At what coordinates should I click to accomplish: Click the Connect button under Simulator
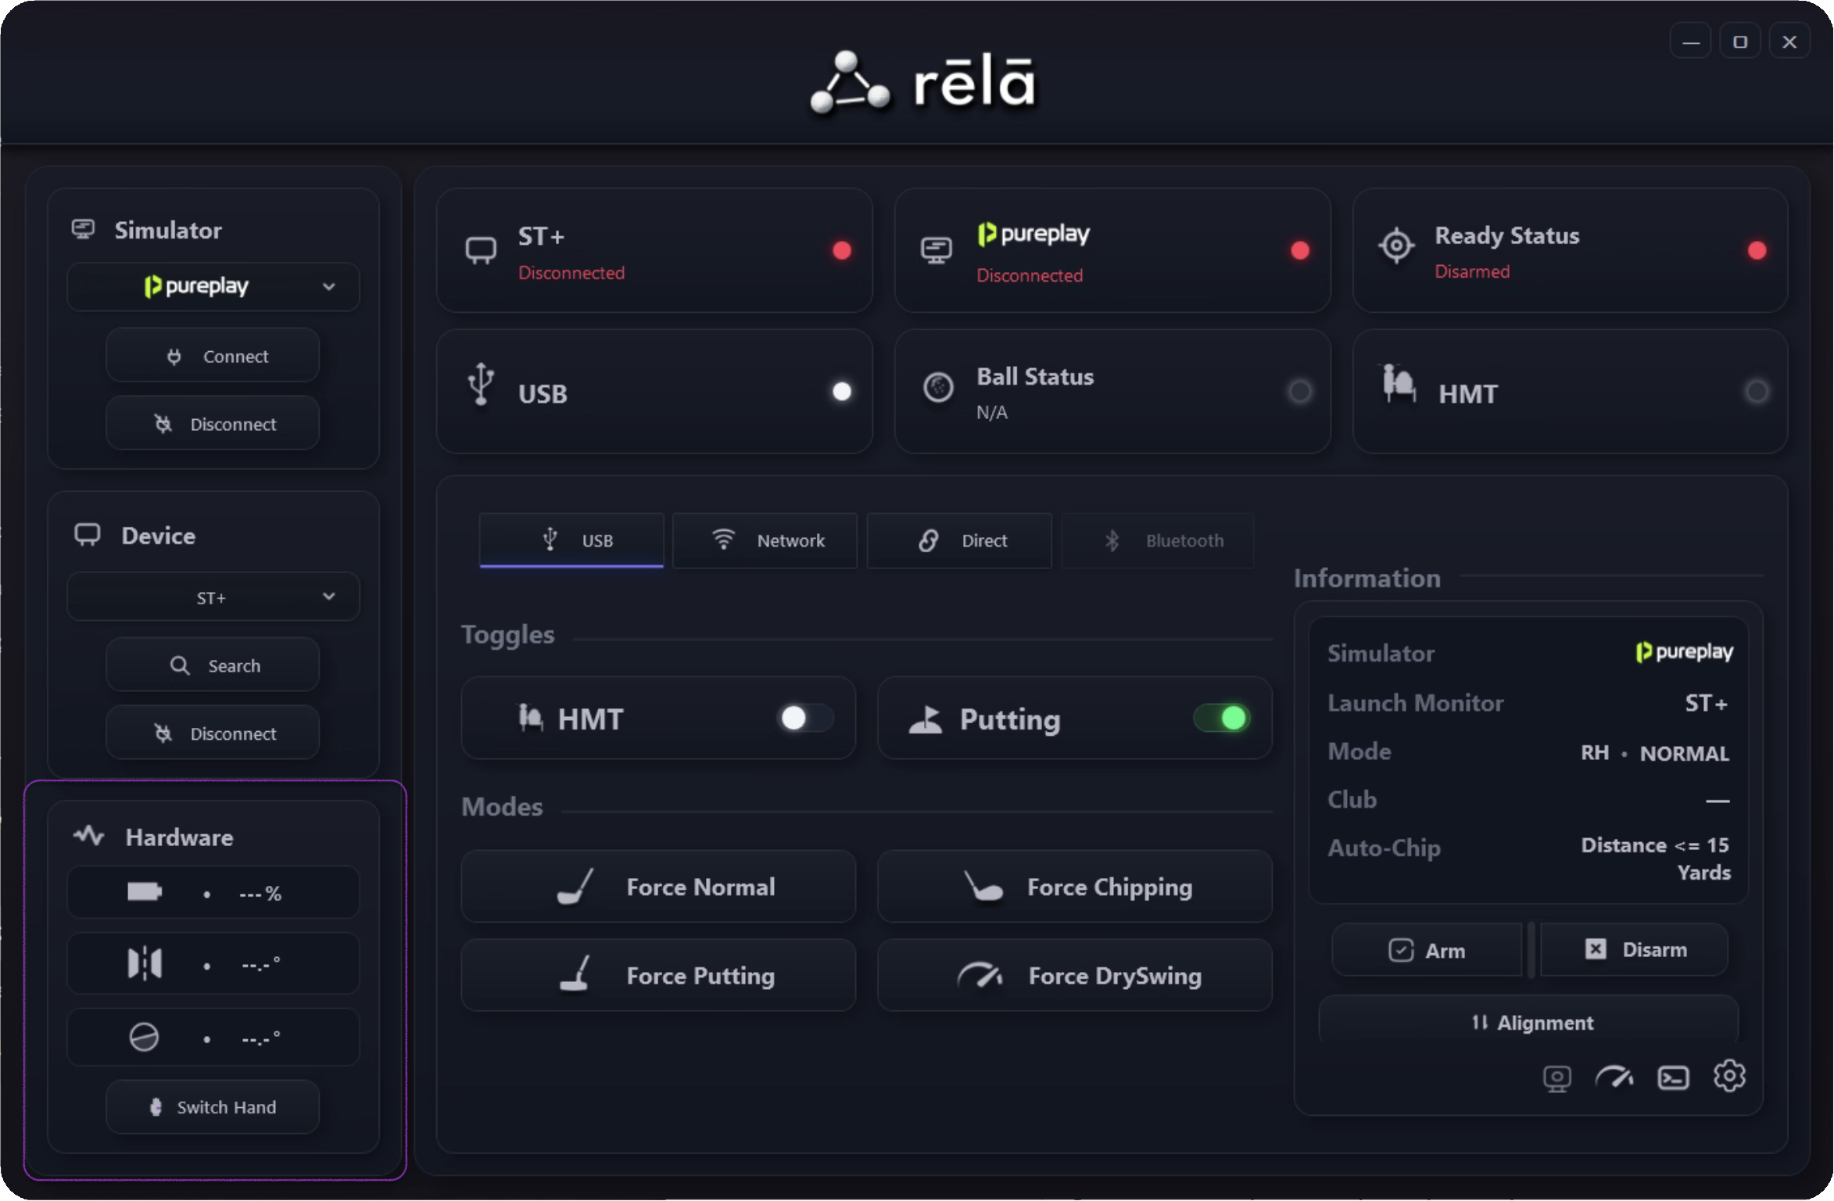click(x=213, y=356)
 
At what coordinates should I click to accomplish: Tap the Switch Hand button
click(x=213, y=1106)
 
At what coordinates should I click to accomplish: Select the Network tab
click(x=765, y=540)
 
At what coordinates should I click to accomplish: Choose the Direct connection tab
click(x=959, y=540)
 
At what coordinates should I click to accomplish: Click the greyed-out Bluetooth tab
click(x=1158, y=540)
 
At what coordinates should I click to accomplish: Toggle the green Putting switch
click(x=1221, y=718)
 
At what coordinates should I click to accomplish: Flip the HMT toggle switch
click(x=805, y=718)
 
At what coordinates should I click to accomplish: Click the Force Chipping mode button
click(x=1075, y=887)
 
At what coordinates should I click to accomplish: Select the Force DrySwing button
click(x=1075, y=975)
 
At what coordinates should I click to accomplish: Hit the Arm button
click(x=1427, y=950)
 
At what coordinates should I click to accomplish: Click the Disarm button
click(x=1634, y=949)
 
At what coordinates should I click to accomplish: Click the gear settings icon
click(x=1729, y=1077)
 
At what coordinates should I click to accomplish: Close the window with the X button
click(x=1789, y=42)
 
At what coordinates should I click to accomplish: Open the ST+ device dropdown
click(x=213, y=597)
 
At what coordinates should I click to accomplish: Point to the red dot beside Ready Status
click(x=1757, y=250)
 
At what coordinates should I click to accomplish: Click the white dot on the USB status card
click(x=842, y=391)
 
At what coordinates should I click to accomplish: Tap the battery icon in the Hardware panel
click(x=145, y=892)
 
